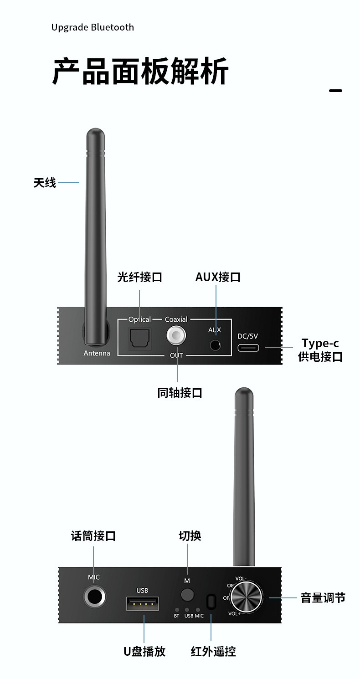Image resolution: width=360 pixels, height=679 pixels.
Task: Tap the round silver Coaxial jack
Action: [176, 337]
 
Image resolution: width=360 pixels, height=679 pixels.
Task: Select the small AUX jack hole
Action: [215, 345]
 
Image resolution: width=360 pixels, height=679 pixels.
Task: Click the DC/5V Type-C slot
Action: [248, 348]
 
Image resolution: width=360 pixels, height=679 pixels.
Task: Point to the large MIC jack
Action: [94, 597]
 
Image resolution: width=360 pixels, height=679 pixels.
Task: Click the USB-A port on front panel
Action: [142, 604]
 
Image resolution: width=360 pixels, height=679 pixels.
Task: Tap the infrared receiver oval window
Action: [211, 602]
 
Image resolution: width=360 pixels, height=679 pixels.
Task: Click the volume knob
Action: [247, 597]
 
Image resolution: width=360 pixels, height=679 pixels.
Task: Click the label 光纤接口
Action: [139, 277]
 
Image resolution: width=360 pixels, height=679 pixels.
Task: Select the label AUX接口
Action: [218, 277]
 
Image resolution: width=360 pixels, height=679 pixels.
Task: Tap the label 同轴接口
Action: [180, 393]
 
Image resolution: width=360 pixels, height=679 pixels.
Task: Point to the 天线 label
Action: [45, 183]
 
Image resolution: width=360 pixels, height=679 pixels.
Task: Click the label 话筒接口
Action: [93, 536]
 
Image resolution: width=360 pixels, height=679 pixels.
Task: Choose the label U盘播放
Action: [144, 651]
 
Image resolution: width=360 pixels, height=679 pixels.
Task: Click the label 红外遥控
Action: [213, 651]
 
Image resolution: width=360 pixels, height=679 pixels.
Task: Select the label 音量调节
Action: [323, 598]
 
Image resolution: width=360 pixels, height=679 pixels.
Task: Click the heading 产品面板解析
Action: [140, 72]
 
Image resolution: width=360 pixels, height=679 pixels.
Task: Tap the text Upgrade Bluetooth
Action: [93, 27]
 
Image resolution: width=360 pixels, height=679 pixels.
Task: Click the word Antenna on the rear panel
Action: [97, 353]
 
